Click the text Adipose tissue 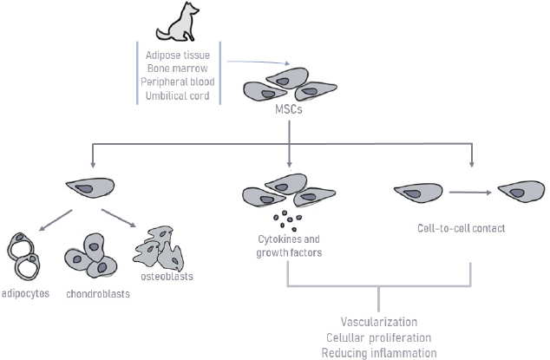[x=178, y=56]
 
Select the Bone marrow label [x=178, y=69]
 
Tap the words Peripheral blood [x=178, y=82]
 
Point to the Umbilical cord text [x=178, y=95]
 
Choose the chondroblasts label [x=97, y=293]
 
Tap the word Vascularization [x=379, y=321]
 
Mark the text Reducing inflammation [x=379, y=351]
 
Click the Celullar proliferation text [x=379, y=337]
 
